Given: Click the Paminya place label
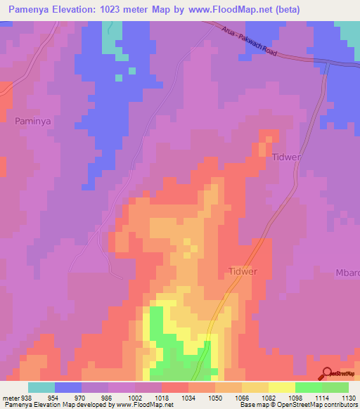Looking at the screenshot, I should click(x=34, y=121).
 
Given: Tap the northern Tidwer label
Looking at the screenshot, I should click(x=286, y=158).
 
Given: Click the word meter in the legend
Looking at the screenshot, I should click(x=10, y=397).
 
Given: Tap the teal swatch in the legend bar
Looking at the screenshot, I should click(x=41, y=387).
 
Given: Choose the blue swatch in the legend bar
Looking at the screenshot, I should click(x=68, y=387).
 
